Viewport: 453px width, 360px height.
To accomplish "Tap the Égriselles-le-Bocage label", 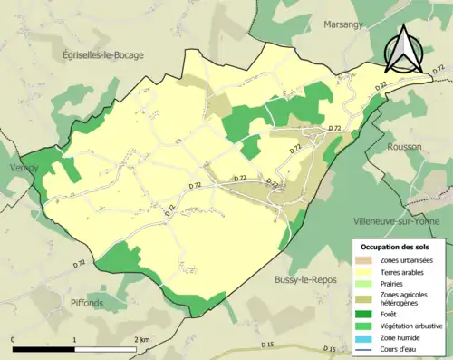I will (x=105, y=55).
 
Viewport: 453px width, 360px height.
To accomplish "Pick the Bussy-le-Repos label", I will (x=306, y=280).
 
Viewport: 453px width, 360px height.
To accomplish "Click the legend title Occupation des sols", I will (x=395, y=247).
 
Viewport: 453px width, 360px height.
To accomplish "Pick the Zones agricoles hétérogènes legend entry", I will (x=404, y=299).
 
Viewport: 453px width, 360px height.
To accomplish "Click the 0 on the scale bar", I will (x=13, y=339).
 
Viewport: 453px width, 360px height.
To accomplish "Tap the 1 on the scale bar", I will (x=73, y=339).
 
